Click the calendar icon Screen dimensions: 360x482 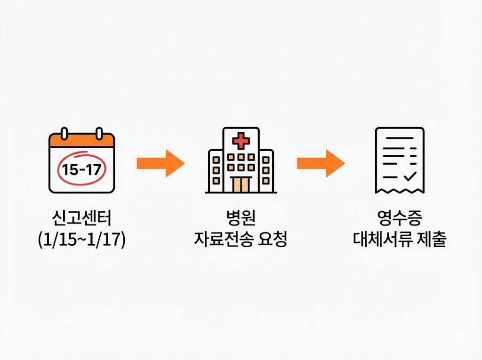pyautogui.click(x=82, y=162)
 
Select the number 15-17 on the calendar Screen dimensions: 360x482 pyautogui.click(x=82, y=169)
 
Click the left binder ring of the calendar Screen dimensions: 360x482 pyautogui.click(x=65, y=134)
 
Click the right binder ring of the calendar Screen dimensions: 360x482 pyautogui.click(x=99, y=134)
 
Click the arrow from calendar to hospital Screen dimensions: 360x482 pyautogui.click(x=160, y=163)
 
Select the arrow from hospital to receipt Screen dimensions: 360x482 pyautogui.click(x=321, y=163)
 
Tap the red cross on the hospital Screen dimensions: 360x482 pyautogui.click(x=241, y=141)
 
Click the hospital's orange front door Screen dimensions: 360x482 pyautogui.click(x=241, y=184)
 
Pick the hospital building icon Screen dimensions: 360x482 pyautogui.click(x=241, y=161)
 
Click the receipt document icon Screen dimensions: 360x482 pyautogui.click(x=400, y=160)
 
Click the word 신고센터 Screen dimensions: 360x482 pyautogui.click(x=82, y=218)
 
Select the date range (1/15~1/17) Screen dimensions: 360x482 pyautogui.click(x=82, y=240)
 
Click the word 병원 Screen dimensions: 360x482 pyautogui.click(x=241, y=218)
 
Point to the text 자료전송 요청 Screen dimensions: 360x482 pyautogui.click(x=241, y=240)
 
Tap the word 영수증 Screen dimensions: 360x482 pyautogui.click(x=400, y=218)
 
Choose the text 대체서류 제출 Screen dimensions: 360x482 pyautogui.click(x=400, y=240)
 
